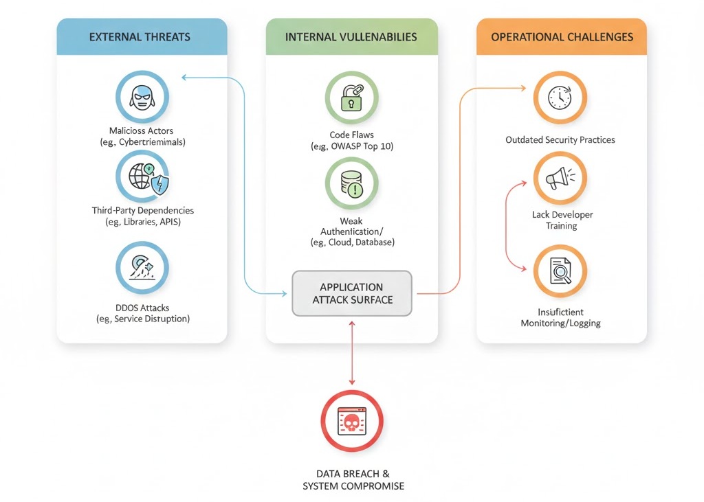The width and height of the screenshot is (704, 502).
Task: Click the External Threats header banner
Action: [142, 37]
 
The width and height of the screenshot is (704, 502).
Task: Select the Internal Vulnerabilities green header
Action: [351, 37]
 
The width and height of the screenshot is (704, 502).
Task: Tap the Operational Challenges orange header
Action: [562, 37]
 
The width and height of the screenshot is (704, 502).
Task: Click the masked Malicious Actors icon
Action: [142, 97]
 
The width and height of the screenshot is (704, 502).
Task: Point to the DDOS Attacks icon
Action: [142, 268]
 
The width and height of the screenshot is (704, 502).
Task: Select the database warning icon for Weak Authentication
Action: [351, 184]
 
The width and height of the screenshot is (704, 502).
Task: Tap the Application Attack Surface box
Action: [351, 293]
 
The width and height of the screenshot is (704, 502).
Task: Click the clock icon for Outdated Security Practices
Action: [560, 98]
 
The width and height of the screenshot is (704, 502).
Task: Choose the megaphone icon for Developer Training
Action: [560, 179]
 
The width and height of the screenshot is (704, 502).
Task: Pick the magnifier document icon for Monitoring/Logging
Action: [560, 271]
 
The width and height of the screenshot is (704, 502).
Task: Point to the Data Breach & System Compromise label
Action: [353, 480]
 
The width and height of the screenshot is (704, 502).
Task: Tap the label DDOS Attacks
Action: [142, 307]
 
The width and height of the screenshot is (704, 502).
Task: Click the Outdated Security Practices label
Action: [560, 140]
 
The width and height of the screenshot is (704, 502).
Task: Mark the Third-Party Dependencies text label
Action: [142, 211]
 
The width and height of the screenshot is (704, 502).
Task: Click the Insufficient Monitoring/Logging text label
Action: [560, 317]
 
